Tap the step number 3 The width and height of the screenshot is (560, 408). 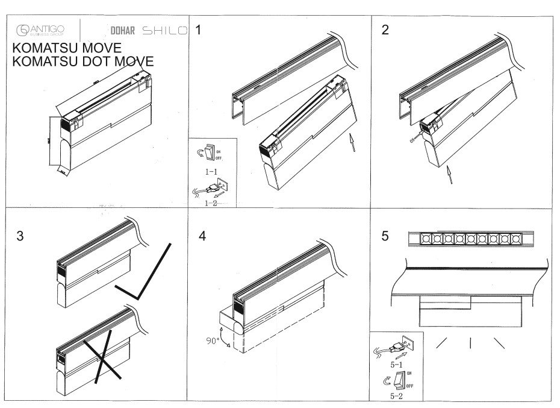tap(20, 236)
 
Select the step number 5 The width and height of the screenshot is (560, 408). tap(385, 236)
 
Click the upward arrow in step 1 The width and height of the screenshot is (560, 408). tap(353, 145)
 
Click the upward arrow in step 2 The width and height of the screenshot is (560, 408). tap(449, 177)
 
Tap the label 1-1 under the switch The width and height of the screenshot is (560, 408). tap(211, 172)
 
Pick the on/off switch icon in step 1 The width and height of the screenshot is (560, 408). tap(208, 154)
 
